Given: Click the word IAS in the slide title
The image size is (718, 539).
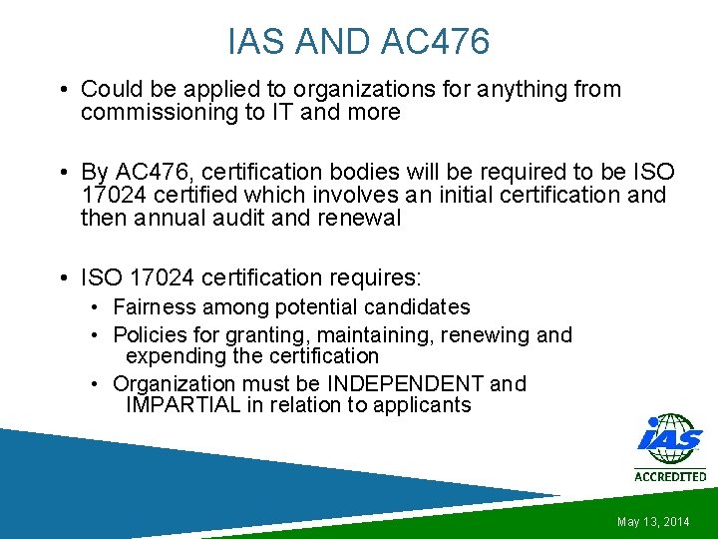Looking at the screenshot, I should click(x=253, y=43).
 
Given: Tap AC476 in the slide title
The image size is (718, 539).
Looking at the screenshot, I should click(x=435, y=43).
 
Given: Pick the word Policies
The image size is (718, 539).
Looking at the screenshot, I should click(x=151, y=335).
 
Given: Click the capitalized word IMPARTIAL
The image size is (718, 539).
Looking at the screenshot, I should click(x=183, y=405).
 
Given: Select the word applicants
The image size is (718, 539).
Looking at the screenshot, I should click(x=420, y=405).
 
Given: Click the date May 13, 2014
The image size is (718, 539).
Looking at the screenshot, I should click(x=653, y=522).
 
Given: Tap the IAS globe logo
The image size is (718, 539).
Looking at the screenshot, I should click(x=669, y=440).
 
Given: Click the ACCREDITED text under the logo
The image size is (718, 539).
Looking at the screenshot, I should click(x=670, y=476).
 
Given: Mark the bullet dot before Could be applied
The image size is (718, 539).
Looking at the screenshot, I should click(x=63, y=90).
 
